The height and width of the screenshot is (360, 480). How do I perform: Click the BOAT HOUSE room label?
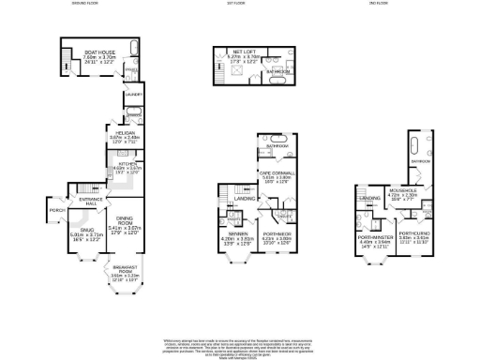(x=97, y=52)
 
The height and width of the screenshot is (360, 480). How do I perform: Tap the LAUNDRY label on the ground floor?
(x=133, y=94)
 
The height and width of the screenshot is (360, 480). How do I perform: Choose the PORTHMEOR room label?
(x=277, y=234)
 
